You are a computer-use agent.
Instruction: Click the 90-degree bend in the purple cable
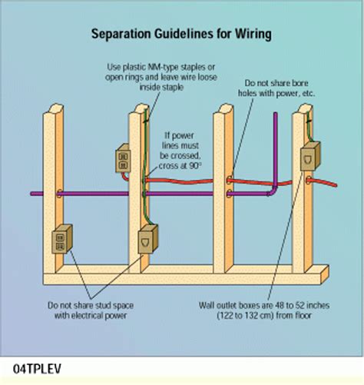(275, 189)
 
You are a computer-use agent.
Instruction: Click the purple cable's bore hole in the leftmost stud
(51, 194)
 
